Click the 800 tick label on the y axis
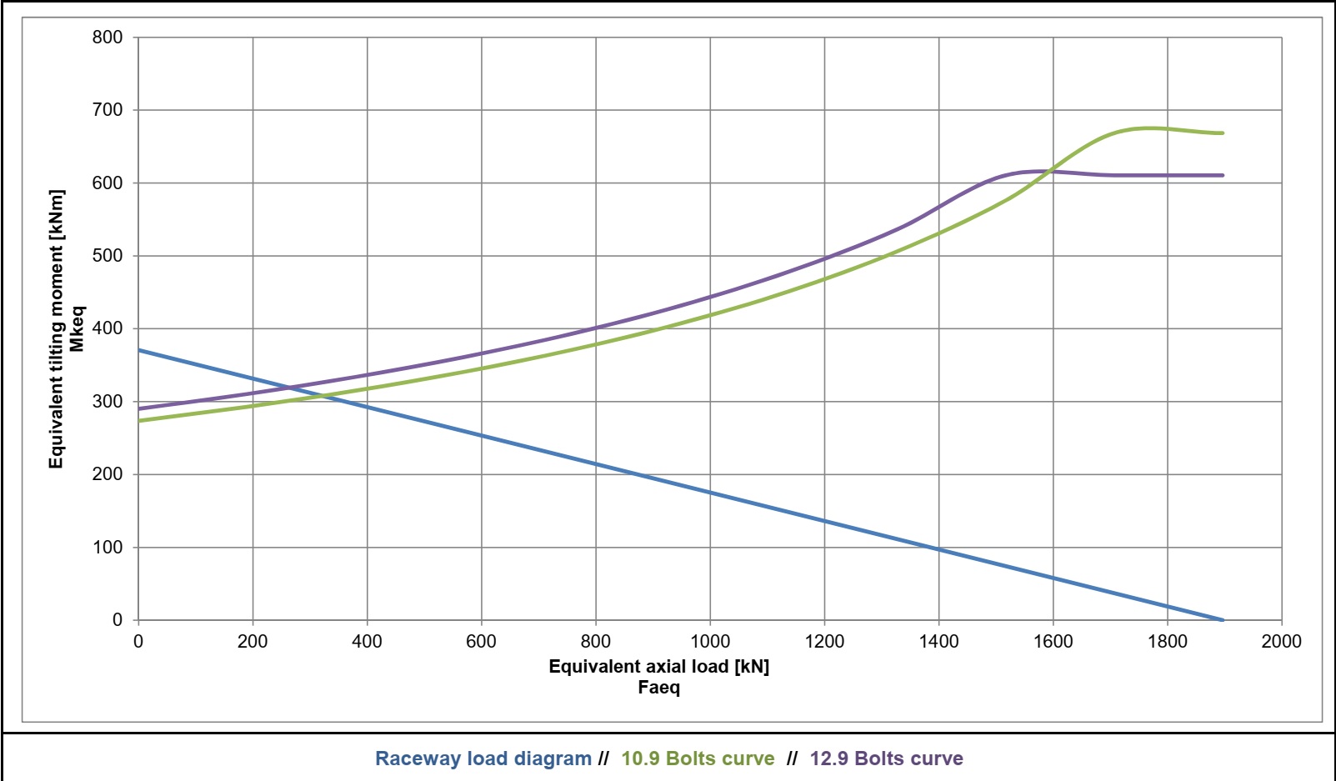click(107, 38)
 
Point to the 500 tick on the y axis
click(107, 256)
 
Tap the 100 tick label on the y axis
click(107, 548)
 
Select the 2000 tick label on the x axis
click(1281, 641)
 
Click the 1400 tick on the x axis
click(938, 641)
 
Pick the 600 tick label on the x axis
click(481, 641)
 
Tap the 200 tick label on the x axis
click(252, 641)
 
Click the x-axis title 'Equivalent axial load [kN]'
click(658, 667)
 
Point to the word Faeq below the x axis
click(658, 688)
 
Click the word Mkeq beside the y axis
click(77, 329)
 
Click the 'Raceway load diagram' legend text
click(483, 758)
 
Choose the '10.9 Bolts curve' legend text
click(698, 758)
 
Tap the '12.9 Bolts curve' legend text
click(886, 758)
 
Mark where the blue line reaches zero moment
click(1223, 620)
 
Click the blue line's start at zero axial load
click(138, 350)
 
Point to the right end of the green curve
click(1223, 133)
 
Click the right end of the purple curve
click(1223, 175)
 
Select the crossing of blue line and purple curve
click(290, 388)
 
